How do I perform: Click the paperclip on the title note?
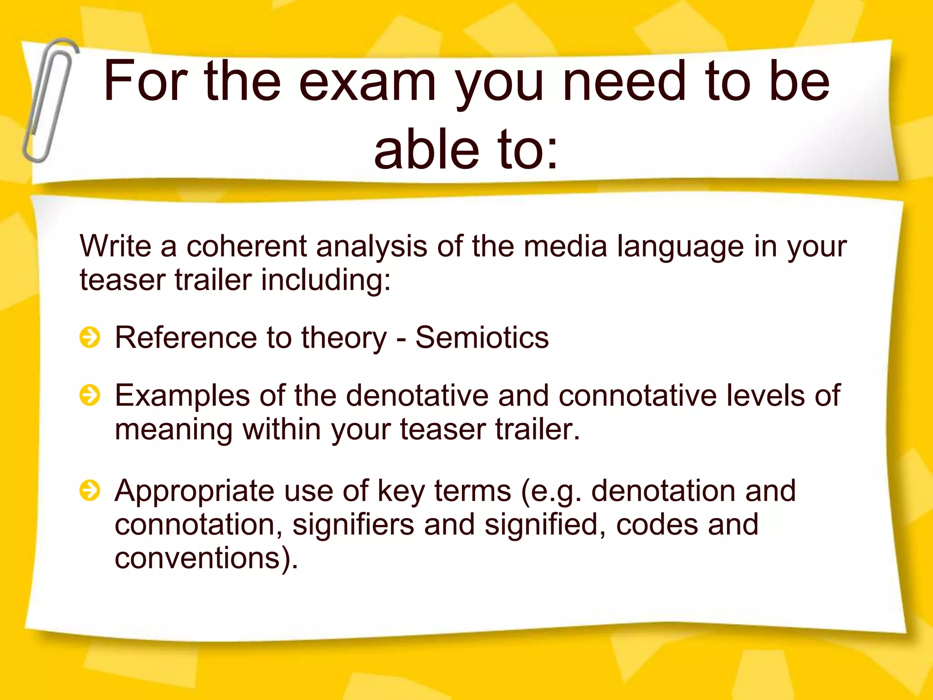[49, 100]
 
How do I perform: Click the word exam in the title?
[367, 82]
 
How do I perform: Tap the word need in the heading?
[624, 82]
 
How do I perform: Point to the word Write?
[115, 246]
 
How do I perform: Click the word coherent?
[246, 246]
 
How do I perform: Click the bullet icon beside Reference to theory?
[90, 338]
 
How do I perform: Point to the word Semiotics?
[482, 338]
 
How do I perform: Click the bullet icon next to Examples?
[90, 395]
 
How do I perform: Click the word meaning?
[173, 430]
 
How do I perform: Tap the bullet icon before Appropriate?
[90, 491]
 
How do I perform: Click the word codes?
[656, 525]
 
